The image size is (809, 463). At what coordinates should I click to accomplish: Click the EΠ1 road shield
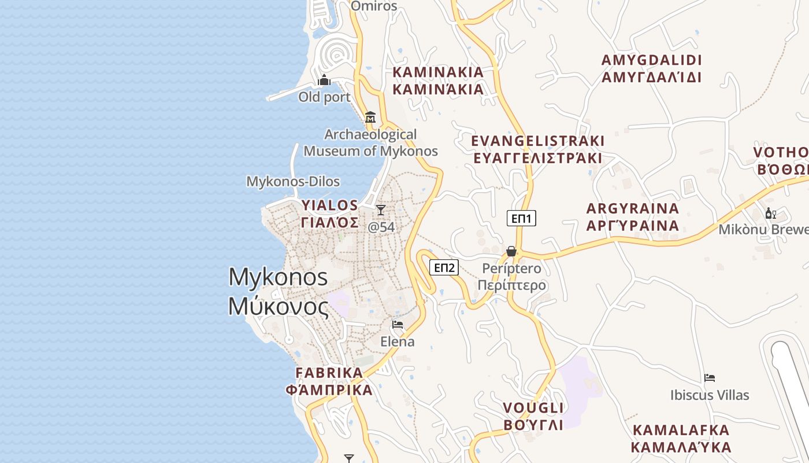tap(522, 218)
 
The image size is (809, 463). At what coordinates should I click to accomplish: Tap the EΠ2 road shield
tap(444, 267)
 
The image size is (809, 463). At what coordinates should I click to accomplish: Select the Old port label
tap(324, 97)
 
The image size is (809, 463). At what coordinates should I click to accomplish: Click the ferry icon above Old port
tap(324, 80)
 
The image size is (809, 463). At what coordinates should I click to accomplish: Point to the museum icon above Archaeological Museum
tap(370, 117)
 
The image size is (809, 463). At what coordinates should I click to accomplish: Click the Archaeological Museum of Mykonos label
tap(370, 143)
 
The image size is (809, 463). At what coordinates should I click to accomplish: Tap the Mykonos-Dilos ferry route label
tap(293, 181)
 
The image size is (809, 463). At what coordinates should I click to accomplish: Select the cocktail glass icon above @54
tap(380, 210)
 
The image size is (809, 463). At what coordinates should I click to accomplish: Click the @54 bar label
tap(381, 227)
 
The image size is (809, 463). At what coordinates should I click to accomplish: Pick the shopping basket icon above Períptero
tap(511, 251)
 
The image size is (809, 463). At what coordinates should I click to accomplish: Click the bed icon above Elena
tap(397, 325)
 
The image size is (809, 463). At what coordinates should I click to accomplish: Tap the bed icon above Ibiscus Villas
tap(710, 378)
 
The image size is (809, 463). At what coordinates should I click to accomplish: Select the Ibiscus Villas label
tap(710, 395)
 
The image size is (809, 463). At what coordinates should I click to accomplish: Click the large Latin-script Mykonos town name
tap(278, 277)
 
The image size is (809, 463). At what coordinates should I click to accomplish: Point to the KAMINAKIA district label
tap(438, 72)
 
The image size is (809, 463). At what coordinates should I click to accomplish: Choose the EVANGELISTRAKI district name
tap(537, 141)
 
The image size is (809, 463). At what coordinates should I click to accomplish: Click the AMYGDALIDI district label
tap(651, 60)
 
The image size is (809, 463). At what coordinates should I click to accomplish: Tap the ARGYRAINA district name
tap(633, 208)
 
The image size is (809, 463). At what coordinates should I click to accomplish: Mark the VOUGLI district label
tap(533, 408)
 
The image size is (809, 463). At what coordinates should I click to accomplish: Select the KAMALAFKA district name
tap(681, 430)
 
